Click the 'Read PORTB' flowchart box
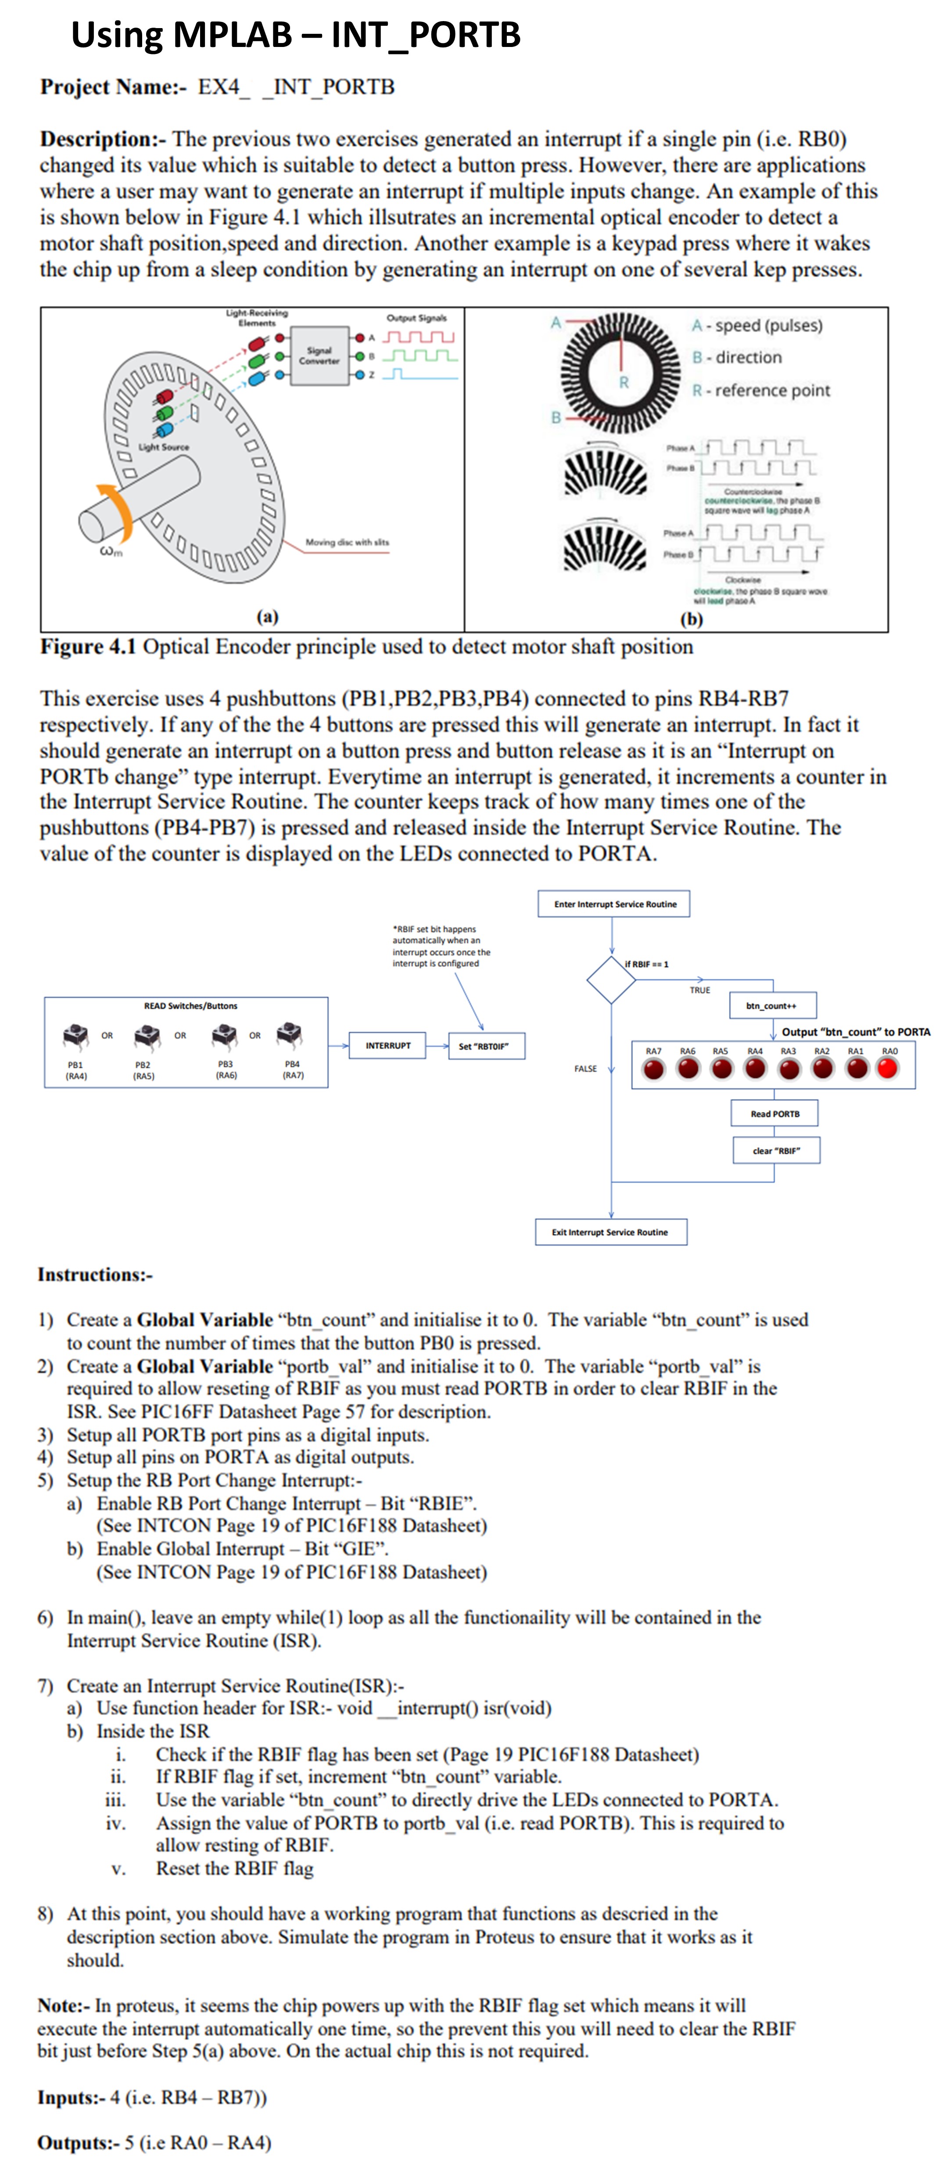(774, 1114)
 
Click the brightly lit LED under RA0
(887, 1068)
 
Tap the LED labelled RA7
(653, 1069)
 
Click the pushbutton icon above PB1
(75, 1035)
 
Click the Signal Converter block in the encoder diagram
(319, 355)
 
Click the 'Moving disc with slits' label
(347, 543)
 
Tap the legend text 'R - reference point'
(761, 391)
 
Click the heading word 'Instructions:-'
(95, 1275)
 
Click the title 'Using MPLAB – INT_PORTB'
(296, 35)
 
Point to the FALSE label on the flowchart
(585, 1069)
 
